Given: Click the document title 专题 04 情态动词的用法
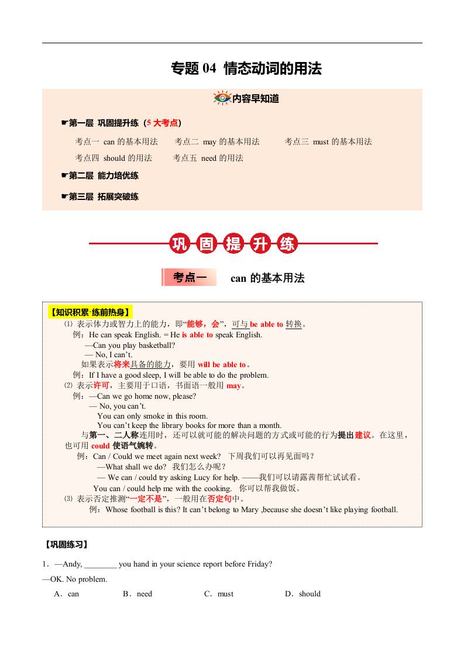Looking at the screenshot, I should click(246, 69).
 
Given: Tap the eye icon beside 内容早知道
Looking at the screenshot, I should click(222, 98).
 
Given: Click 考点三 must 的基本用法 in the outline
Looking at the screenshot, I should click(328, 141).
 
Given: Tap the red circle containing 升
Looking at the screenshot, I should click(260, 244).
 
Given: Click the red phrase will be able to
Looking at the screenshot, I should click(222, 365).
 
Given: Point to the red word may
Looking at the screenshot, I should click(233, 386).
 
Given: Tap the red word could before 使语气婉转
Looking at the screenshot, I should click(101, 446).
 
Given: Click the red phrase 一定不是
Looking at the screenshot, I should click(146, 499).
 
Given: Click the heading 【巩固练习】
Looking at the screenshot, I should click(66, 544).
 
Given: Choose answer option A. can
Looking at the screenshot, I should click(67, 594).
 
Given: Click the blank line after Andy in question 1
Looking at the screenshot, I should click(100, 565).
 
